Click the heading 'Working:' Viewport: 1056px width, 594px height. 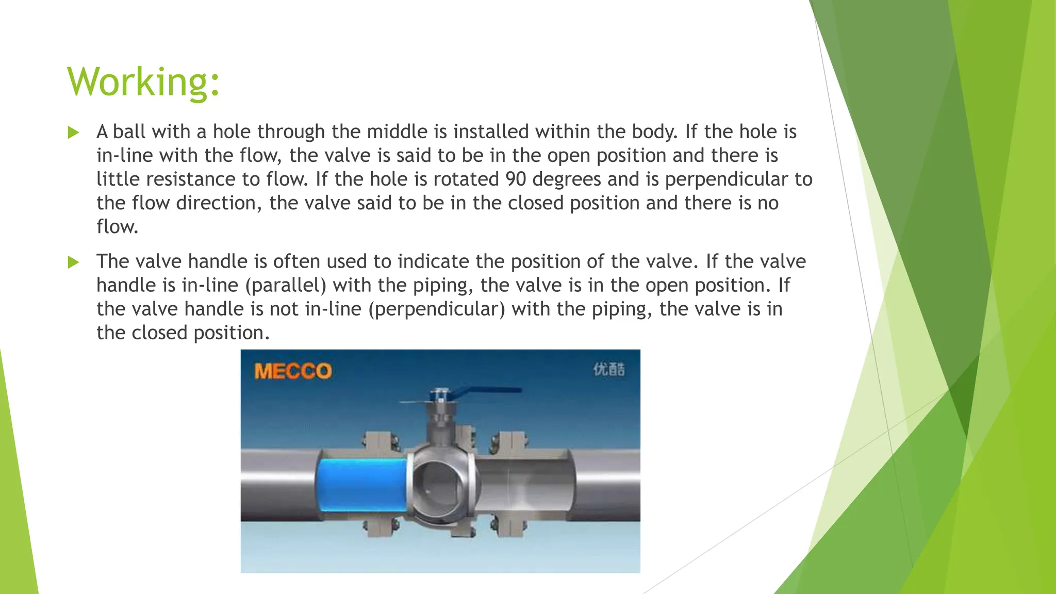(143, 82)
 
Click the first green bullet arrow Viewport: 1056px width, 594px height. (73, 133)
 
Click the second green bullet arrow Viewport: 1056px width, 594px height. (73, 262)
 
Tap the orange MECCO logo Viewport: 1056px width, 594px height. (292, 371)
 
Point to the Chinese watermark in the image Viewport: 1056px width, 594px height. (609, 369)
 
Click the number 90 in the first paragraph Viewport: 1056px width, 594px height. (516, 179)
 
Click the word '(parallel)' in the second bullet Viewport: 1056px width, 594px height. (286, 286)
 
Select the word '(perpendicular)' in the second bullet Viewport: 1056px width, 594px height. (436, 309)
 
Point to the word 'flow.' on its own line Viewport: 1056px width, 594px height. (118, 227)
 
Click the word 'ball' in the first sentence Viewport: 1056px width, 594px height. (129, 132)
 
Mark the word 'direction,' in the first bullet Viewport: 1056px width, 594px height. (219, 203)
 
